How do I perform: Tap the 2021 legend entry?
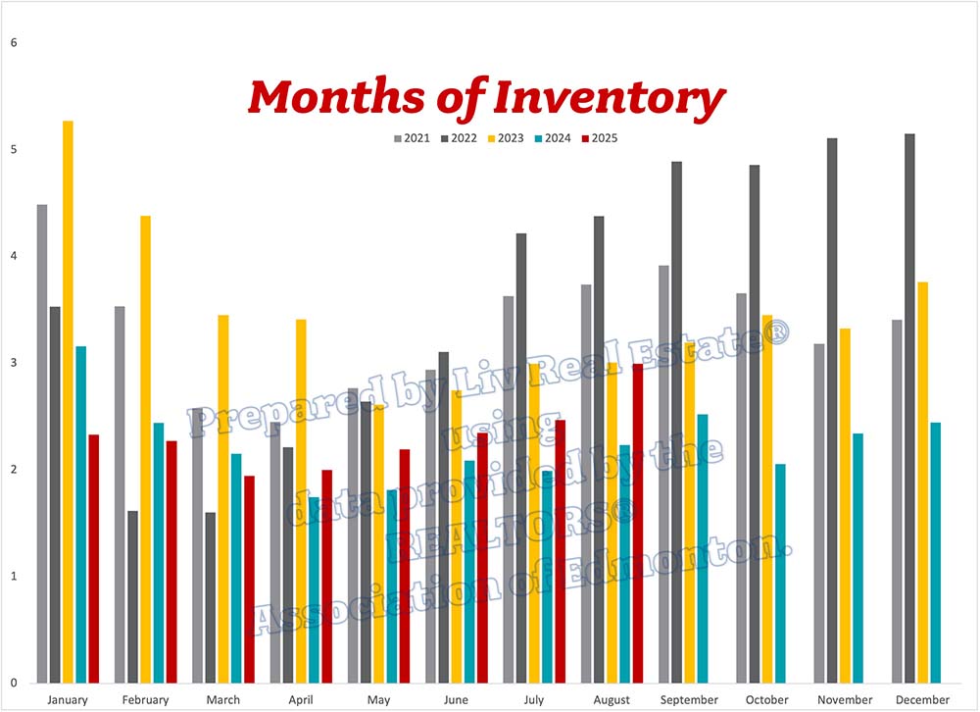click(x=412, y=138)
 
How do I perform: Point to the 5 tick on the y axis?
click(x=13, y=150)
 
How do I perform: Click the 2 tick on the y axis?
click(x=13, y=470)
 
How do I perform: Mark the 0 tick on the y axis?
click(x=13, y=683)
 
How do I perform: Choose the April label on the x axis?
click(x=300, y=699)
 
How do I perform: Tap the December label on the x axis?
click(x=921, y=699)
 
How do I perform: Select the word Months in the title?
click(x=353, y=98)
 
